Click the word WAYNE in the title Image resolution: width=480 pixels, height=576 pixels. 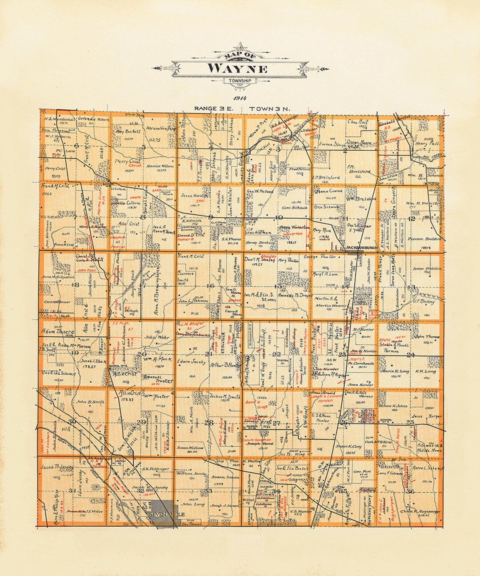237,69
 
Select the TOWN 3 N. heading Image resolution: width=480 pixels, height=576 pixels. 269,108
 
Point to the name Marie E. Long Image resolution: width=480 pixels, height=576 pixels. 395,371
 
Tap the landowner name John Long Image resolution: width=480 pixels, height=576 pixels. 193,504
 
